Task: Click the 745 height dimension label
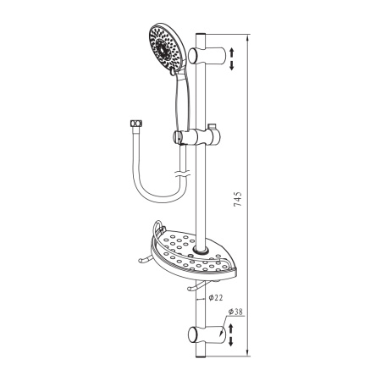click(238, 199)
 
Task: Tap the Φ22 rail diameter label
click(216, 298)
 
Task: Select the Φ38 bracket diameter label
click(235, 312)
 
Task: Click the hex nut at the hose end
click(136, 124)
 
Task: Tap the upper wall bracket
click(207, 56)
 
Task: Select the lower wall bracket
click(207, 334)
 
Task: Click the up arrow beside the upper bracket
click(232, 52)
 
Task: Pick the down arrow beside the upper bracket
click(232, 65)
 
